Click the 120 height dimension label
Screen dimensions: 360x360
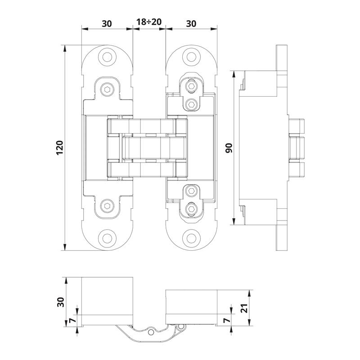pyautogui.click(x=59, y=148)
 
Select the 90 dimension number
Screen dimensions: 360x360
pyautogui.click(x=229, y=148)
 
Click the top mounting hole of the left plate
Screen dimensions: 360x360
pyautogui.click(x=107, y=57)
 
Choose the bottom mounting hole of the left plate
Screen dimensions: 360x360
pyautogui.click(x=107, y=238)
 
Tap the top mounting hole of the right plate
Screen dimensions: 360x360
pyautogui.click(x=191, y=57)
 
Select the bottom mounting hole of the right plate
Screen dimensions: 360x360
pyautogui.click(x=191, y=238)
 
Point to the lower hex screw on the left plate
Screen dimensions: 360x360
pyautogui.click(x=107, y=206)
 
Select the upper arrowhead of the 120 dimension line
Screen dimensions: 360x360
pyautogui.click(x=66, y=47)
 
